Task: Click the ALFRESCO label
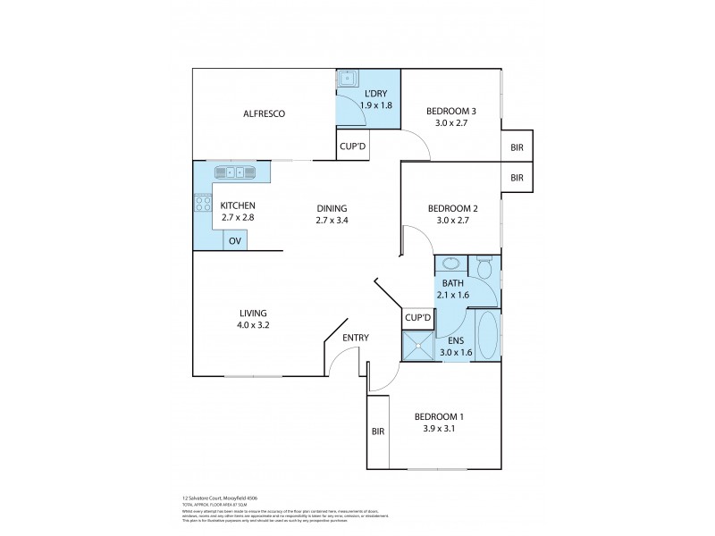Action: [264, 113]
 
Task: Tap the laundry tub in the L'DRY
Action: [348, 79]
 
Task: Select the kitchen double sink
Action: [235, 172]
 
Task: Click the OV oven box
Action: [234, 240]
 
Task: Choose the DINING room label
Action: [332, 208]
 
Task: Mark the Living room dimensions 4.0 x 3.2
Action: [253, 325]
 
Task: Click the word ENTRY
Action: [356, 337]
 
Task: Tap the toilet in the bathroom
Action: [484, 267]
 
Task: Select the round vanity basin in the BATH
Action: [450, 264]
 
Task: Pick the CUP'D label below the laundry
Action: [351, 147]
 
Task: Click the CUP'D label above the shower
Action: [417, 317]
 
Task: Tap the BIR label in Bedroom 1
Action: [377, 431]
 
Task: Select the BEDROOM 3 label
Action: [450, 112]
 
